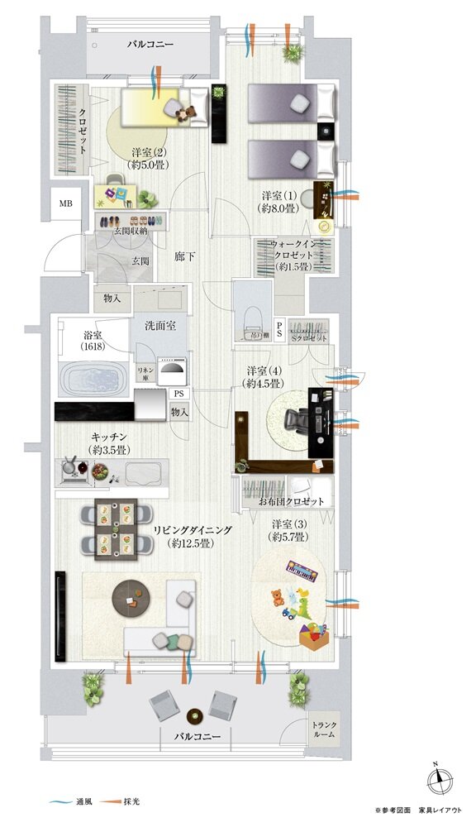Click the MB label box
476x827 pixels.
click(64, 202)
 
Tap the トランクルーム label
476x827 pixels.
click(324, 730)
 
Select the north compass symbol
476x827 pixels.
click(439, 780)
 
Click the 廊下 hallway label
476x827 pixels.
click(186, 257)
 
